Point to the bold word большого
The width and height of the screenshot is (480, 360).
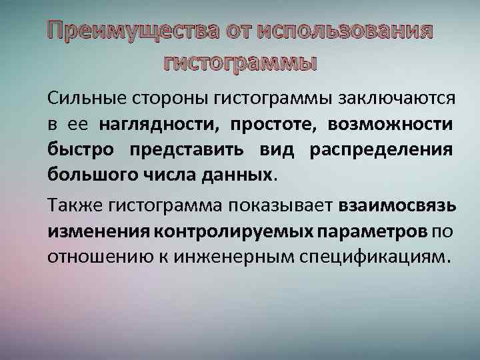pos(89,175)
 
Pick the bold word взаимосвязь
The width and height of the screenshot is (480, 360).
pos(398,207)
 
